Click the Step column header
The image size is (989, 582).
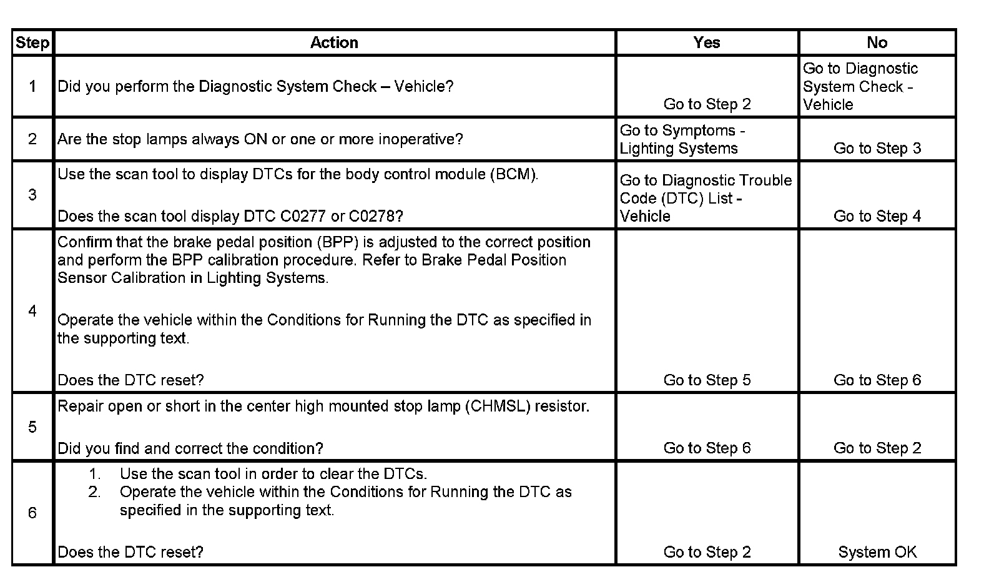coord(32,42)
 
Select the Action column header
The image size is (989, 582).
coord(334,42)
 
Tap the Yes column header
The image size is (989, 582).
coord(706,42)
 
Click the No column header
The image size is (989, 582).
coord(877,42)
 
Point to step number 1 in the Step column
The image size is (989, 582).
coord(32,86)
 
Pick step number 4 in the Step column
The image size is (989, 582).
coord(32,311)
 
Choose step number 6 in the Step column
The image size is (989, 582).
coord(32,513)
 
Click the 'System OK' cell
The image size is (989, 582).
coord(877,552)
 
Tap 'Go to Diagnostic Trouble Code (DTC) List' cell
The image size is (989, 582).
coord(706,198)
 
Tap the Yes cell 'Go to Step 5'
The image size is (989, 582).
coord(707,380)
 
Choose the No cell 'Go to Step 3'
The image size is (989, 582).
coord(877,149)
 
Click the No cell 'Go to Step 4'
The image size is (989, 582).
coord(877,216)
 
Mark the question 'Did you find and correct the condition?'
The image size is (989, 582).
coord(190,448)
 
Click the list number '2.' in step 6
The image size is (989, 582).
coord(94,492)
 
